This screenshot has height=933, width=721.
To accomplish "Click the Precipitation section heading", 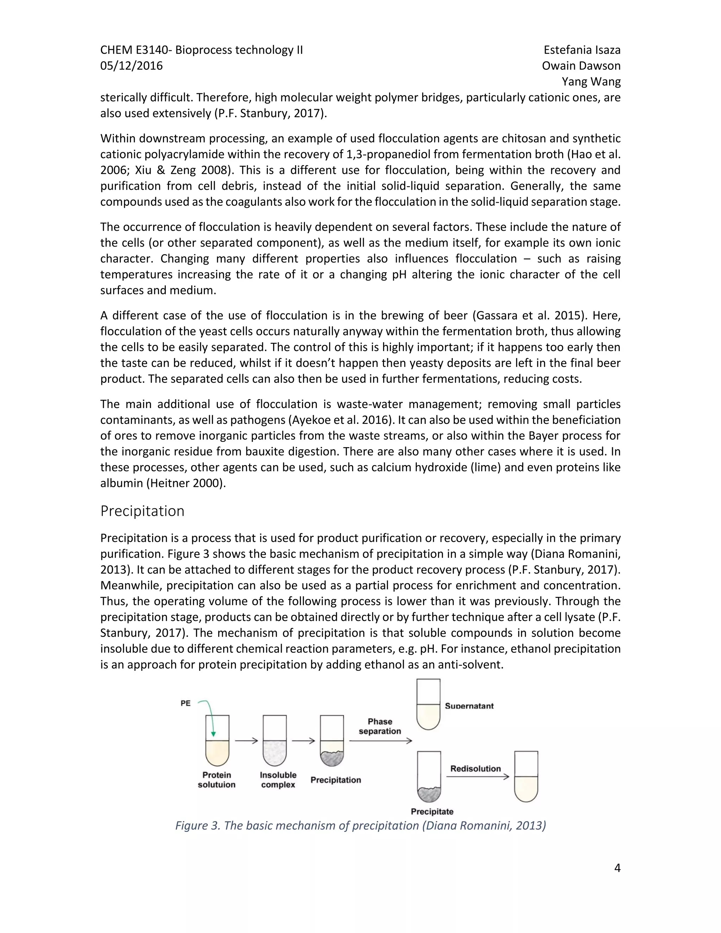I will point(142,511).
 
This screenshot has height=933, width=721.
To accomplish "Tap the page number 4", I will point(617,868).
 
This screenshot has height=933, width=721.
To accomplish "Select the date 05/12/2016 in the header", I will point(132,66).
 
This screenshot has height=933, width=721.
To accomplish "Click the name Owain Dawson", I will point(581,66).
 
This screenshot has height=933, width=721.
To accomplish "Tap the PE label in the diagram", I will point(186,703).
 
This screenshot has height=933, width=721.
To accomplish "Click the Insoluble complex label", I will point(278,779).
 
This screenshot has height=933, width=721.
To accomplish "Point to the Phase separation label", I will point(380,726).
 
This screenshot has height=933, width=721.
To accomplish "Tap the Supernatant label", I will point(469,706).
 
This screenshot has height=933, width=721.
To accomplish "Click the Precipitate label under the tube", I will point(432,812).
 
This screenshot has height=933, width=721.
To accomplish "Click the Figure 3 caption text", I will point(360,825).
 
